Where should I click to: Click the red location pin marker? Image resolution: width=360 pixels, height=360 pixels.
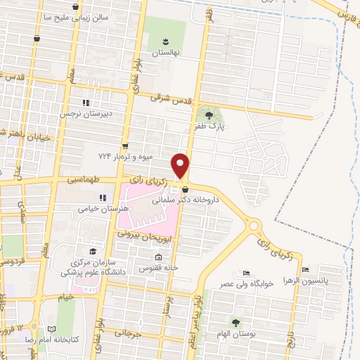pos(181,165)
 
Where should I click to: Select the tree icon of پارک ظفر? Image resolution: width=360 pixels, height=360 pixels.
pos(208,114)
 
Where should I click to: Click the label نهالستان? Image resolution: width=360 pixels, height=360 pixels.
pos(167,53)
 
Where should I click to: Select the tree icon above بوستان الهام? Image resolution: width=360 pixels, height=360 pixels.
pos(235,322)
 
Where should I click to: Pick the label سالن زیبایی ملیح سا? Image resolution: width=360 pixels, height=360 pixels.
pos(75,17)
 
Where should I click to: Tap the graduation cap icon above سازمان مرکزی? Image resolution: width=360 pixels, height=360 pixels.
pos(92,250)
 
